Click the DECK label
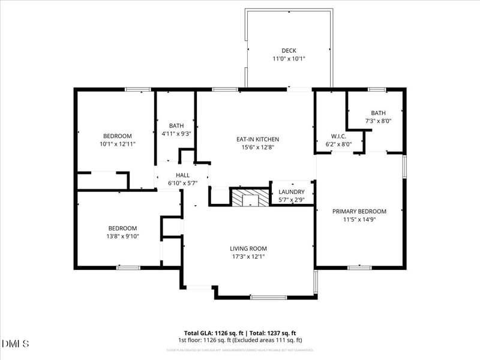click(289, 50)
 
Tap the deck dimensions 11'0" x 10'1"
click(289, 59)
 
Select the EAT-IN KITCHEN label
click(257, 139)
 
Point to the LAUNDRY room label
click(292, 192)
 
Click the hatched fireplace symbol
click(251, 198)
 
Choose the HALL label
click(182, 175)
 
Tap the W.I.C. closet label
click(339, 136)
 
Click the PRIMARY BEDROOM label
click(359, 211)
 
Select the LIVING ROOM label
click(248, 248)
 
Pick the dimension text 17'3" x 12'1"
click(248, 257)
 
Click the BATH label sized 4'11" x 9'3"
click(176, 125)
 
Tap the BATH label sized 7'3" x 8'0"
click(378, 113)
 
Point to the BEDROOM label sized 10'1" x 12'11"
click(117, 136)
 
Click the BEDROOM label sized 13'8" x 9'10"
click(122, 228)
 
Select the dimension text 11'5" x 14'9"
click(359, 220)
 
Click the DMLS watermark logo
click(16, 344)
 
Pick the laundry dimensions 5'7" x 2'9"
click(292, 200)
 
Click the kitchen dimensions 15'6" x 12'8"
click(257, 148)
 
